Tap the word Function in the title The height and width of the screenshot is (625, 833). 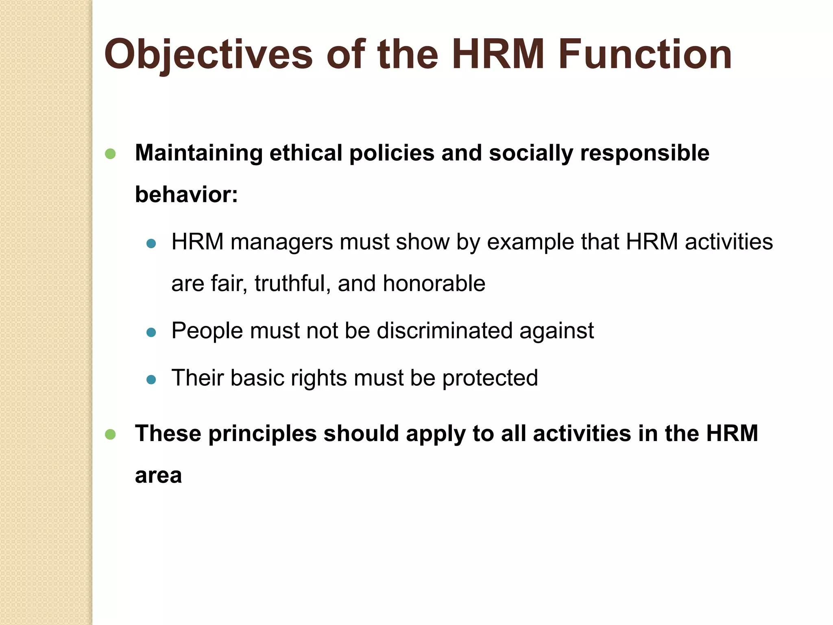645,54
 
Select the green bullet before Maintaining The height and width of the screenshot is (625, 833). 110,154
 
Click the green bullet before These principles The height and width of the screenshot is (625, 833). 110,434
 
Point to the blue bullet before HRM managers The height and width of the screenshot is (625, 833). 151,244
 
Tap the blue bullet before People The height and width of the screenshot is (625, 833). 151,332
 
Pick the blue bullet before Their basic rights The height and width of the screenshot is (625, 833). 151,380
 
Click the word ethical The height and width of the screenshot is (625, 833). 305,153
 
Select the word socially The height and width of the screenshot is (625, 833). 531,154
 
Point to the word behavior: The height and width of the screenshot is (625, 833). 186,194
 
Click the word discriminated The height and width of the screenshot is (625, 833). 444,330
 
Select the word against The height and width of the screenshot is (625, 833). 556,331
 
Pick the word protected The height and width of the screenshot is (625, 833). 490,378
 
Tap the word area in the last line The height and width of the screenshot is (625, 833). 158,476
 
